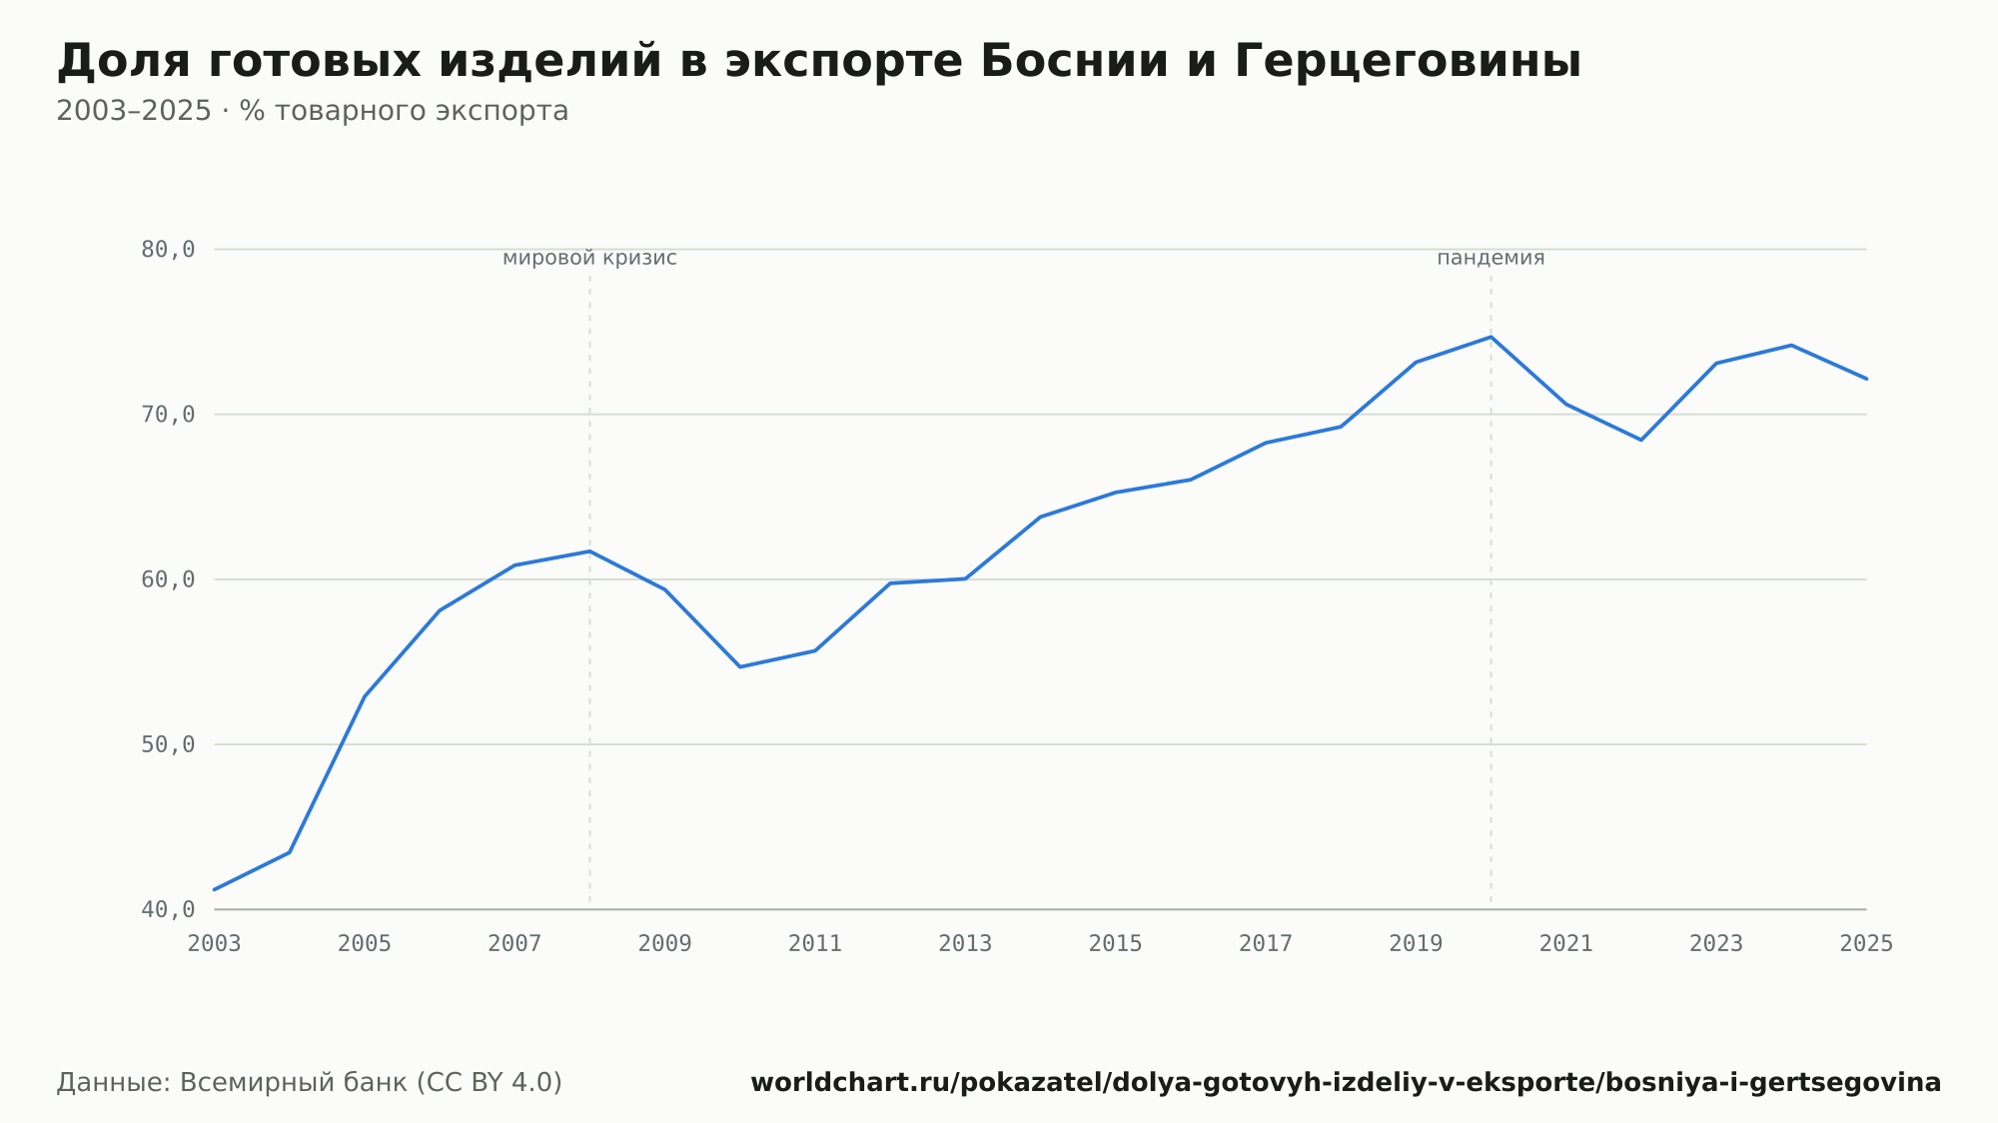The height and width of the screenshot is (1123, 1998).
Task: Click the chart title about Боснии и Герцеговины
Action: point(818,62)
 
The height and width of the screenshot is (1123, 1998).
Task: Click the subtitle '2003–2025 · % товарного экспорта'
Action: point(313,111)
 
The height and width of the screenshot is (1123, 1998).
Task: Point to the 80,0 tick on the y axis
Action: point(168,250)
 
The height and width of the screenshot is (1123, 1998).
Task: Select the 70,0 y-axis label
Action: point(168,415)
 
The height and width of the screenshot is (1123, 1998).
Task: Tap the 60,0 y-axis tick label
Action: point(168,579)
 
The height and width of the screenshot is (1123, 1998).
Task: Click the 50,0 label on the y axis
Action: point(168,744)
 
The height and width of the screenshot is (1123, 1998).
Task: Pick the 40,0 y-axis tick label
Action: point(168,909)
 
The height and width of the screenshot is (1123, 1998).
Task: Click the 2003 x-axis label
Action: point(215,944)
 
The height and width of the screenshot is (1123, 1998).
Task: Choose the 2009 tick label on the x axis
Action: point(665,944)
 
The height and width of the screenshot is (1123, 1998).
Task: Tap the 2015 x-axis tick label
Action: point(1116,944)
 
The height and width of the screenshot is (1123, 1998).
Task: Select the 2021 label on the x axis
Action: point(1566,944)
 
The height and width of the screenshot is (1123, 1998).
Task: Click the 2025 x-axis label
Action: point(1867,944)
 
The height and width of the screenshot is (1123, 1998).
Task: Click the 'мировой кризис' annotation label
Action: point(589,258)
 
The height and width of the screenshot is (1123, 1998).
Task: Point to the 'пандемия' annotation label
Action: point(1491,258)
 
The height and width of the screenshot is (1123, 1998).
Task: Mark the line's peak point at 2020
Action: point(1492,337)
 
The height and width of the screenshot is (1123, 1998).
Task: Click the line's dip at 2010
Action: point(740,666)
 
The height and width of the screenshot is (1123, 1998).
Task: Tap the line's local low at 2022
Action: point(1641,440)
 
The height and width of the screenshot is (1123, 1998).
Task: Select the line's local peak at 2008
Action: point(589,552)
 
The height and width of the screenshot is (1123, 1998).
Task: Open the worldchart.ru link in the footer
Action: point(1346,1083)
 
